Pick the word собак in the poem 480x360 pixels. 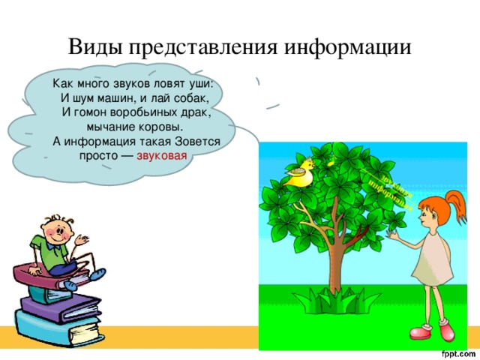point(197,97)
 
